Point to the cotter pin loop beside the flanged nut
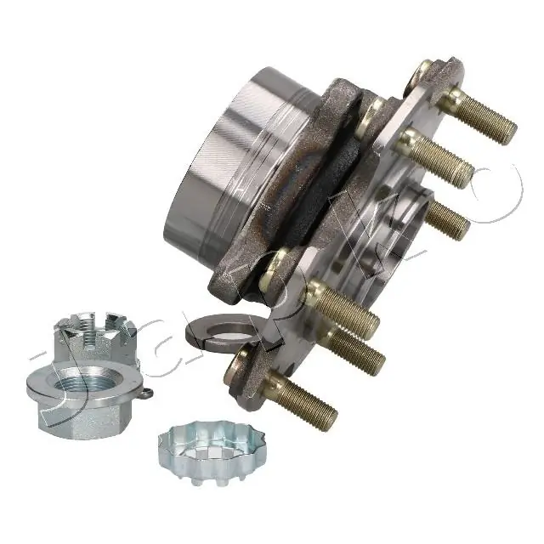(x=148, y=393)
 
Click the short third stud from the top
(x=446, y=219)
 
